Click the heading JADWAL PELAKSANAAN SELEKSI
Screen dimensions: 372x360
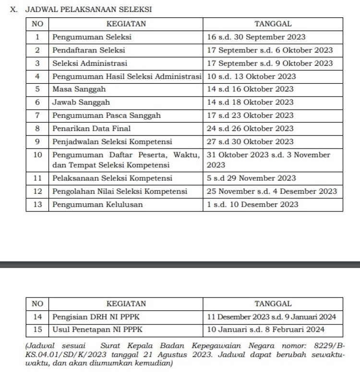tap(89, 9)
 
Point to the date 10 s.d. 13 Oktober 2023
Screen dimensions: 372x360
tap(251, 76)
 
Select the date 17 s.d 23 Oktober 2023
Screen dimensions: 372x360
tap(250, 115)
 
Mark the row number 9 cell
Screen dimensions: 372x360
tap(37, 141)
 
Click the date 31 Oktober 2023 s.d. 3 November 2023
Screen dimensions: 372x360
tap(268, 160)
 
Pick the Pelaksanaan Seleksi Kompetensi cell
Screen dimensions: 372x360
tap(112, 178)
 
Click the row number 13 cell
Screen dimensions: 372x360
tap(37, 204)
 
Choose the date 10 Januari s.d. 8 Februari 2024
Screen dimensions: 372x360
tap(265, 330)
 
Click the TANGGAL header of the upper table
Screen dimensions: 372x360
tap(273, 24)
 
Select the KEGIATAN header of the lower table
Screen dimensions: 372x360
tap(126, 304)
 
